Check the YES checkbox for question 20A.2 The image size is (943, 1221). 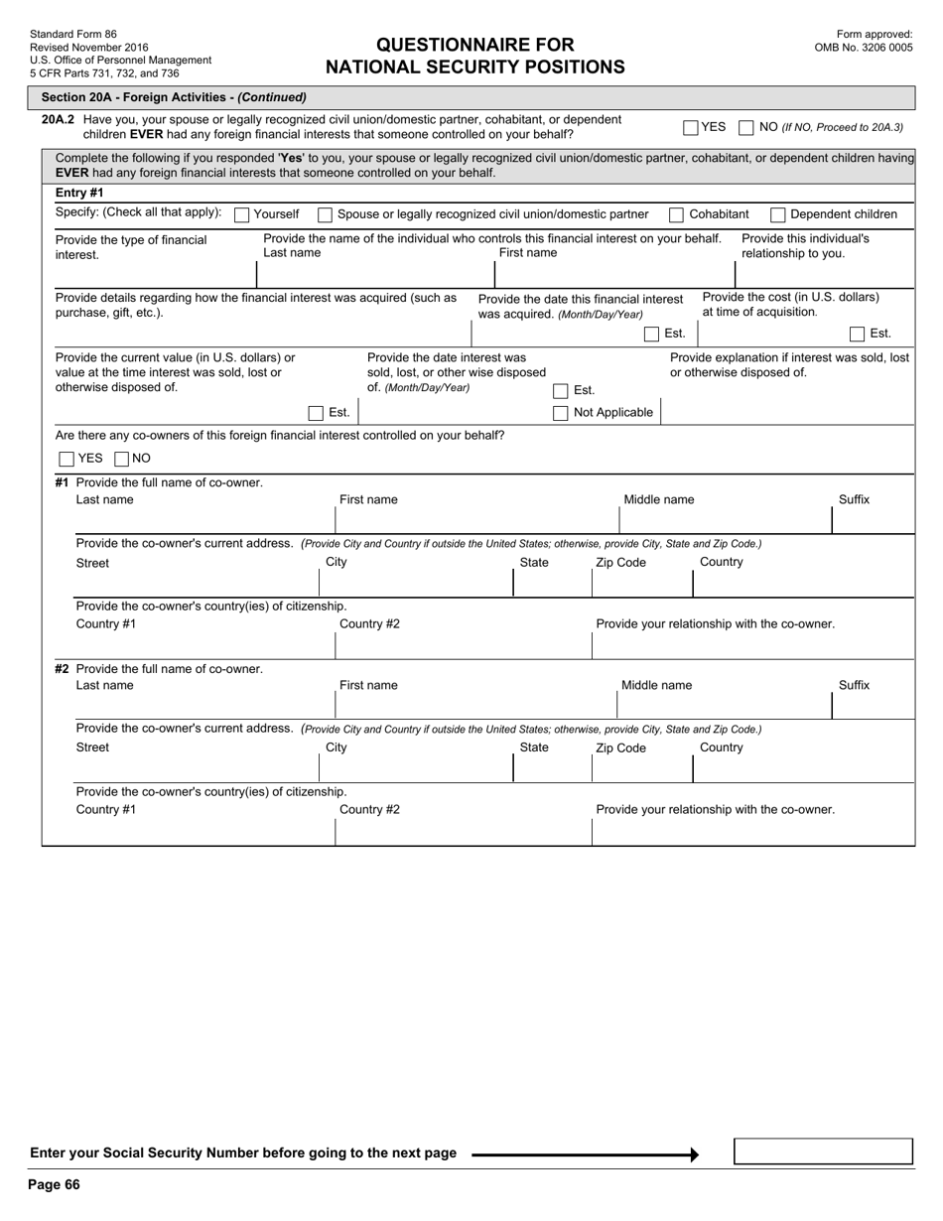pyautogui.click(x=691, y=127)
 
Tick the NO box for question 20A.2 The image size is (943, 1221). pyautogui.click(x=747, y=127)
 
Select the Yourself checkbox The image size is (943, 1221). pyautogui.click(x=241, y=214)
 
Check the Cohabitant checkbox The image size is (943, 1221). pyautogui.click(x=676, y=214)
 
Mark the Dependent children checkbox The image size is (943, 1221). pyautogui.click(x=778, y=214)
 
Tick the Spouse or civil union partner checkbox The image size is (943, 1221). pyautogui.click(x=325, y=214)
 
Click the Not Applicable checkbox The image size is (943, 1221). pyautogui.click(x=561, y=413)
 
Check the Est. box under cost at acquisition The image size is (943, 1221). pyautogui.click(x=857, y=334)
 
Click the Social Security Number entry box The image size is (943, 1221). pyautogui.click(x=823, y=1152)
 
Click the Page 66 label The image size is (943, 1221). pyautogui.click(x=55, y=1184)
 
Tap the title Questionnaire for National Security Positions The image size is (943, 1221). pyautogui.click(x=475, y=56)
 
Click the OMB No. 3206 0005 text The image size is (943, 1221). pyautogui.click(x=864, y=47)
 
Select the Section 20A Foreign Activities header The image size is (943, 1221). pyautogui.click(x=174, y=97)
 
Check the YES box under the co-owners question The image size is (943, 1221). pyautogui.click(x=67, y=459)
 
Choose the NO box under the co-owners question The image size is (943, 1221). pyautogui.click(x=122, y=459)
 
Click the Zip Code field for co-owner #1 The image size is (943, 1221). pyautogui.click(x=641, y=584)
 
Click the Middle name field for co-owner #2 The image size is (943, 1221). pyautogui.click(x=723, y=705)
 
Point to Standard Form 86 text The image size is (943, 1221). pyautogui.click(x=73, y=34)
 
